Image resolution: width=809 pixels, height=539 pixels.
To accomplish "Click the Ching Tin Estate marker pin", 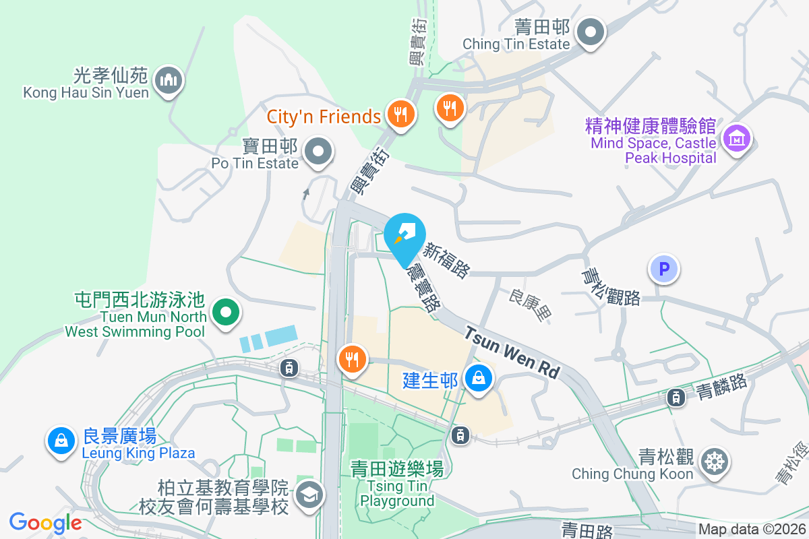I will tap(591, 32).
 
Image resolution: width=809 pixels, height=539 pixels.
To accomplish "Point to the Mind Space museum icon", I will tap(736, 139).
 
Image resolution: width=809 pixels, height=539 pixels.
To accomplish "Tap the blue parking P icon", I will tap(664, 269).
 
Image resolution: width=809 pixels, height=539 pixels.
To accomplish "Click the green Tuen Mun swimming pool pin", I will tap(226, 313).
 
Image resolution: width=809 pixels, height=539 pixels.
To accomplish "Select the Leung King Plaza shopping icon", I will tap(61, 441).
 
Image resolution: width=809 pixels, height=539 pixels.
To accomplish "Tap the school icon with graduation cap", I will tap(309, 495).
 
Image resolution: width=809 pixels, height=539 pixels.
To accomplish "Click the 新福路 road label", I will tap(446, 260).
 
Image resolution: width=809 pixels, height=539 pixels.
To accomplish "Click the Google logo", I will tap(45, 523).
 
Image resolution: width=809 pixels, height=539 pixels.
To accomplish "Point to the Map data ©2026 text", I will tap(751, 530).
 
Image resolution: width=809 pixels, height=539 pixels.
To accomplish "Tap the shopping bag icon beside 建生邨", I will tap(478, 379).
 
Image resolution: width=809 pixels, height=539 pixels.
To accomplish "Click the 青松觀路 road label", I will tap(611, 288).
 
